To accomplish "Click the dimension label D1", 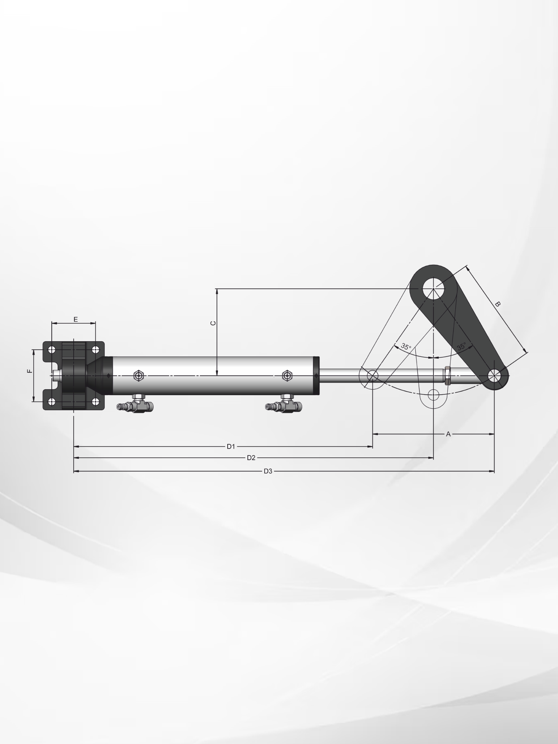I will [x=231, y=446].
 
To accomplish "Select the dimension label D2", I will [x=251, y=457].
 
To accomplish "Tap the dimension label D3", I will [x=268, y=471].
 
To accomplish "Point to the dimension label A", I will [x=448, y=434].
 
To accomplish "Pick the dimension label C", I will [x=213, y=323].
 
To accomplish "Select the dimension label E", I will [x=76, y=319].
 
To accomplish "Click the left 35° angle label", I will [x=406, y=347].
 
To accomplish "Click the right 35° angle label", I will [x=462, y=347].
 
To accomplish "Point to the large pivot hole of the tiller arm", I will [x=433, y=288].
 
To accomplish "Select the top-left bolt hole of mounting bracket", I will [x=52, y=350].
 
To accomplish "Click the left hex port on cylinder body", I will [x=138, y=375].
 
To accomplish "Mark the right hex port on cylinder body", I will [x=287, y=375].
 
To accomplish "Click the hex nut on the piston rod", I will [x=447, y=375].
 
